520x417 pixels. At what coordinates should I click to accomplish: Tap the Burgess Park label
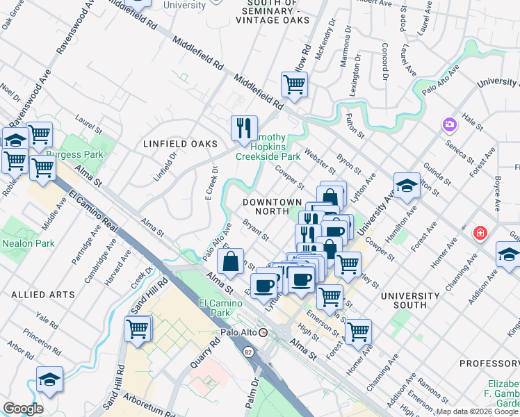[80, 154]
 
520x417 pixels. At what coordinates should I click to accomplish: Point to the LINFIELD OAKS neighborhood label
[180, 144]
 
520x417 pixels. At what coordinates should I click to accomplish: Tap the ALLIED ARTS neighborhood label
[43, 295]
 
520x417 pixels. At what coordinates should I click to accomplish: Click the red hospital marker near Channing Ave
[479, 232]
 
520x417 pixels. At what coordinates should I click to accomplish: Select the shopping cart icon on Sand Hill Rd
[138, 328]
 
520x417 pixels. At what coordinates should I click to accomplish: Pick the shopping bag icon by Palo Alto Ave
[230, 261]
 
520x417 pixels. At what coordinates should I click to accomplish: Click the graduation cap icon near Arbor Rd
[49, 379]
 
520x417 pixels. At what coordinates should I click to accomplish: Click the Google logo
[23, 409]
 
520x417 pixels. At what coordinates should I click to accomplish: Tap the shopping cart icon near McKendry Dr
[294, 85]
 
